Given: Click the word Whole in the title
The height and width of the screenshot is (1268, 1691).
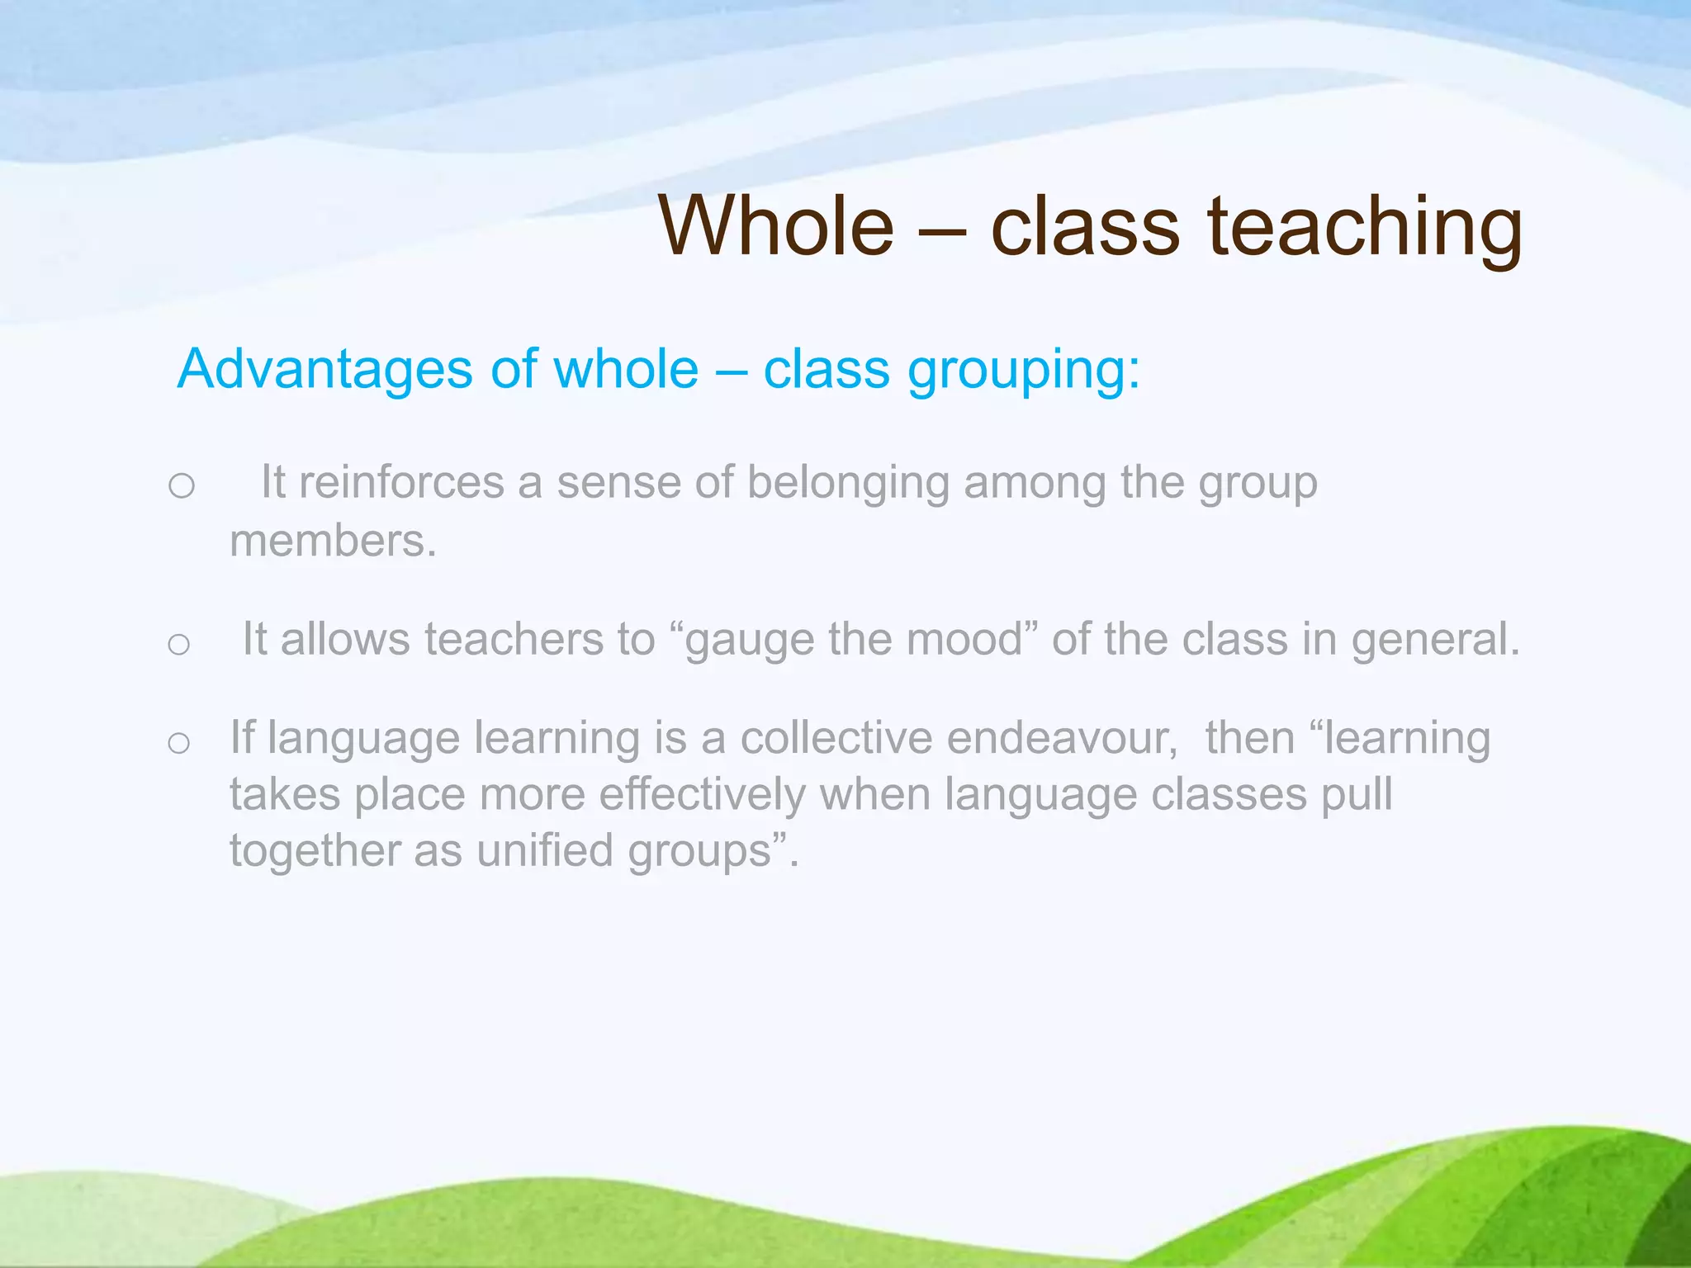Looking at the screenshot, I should click(776, 226).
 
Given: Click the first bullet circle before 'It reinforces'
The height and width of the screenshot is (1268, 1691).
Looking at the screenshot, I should click(181, 485).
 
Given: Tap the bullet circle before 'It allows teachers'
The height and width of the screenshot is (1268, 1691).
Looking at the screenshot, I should click(178, 644).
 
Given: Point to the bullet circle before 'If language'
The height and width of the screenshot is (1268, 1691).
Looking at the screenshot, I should click(178, 743).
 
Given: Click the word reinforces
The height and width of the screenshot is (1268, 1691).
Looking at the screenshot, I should click(401, 482).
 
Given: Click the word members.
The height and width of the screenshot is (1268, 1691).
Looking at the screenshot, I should click(332, 542).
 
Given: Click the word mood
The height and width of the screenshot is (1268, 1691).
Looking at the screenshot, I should click(966, 640).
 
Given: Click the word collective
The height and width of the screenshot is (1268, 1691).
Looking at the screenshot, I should click(836, 738).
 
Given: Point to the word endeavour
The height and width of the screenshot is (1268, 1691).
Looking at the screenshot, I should click(1062, 738).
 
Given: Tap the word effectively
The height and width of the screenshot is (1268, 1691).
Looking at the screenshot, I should click(702, 795).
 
